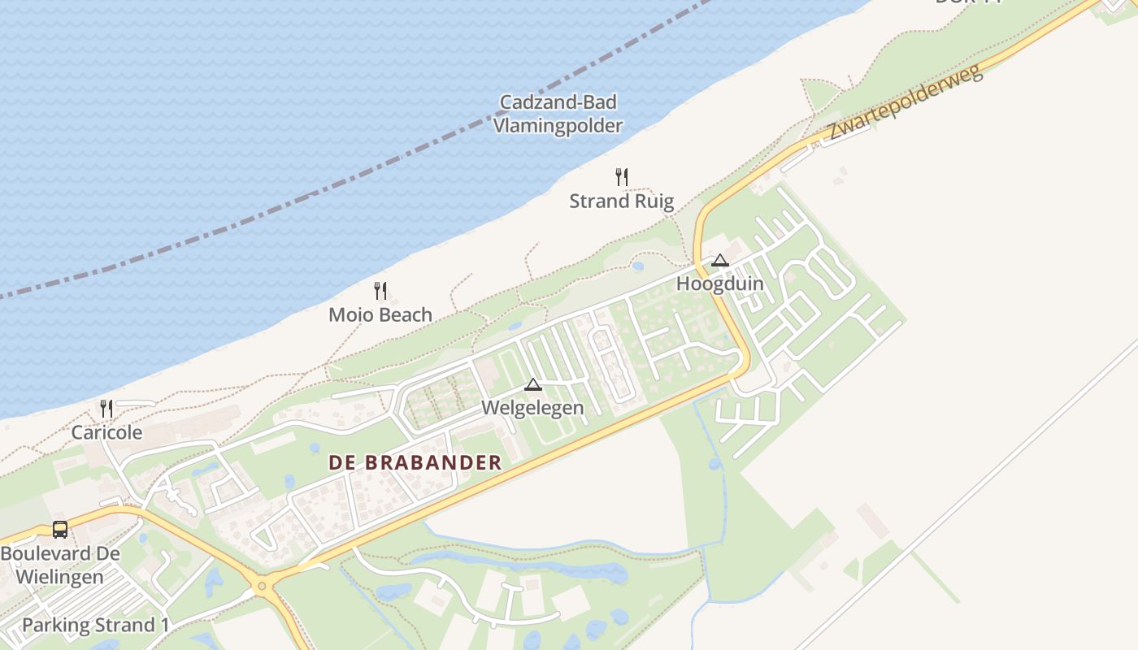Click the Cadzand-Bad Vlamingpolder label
click(558, 114)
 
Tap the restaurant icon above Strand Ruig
click(622, 176)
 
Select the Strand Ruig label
click(622, 201)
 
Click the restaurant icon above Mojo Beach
click(380, 290)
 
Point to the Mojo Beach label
click(380, 314)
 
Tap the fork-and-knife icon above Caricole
click(106, 408)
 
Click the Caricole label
click(106, 432)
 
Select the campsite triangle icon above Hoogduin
click(719, 261)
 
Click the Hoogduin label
click(720, 284)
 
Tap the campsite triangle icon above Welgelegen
click(533, 384)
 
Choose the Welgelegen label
click(533, 407)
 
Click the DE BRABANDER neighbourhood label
click(415, 463)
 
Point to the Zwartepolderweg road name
click(906, 102)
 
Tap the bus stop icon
click(60, 530)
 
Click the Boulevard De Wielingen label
click(60, 565)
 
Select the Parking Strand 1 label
click(96, 626)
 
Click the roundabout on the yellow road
click(261, 584)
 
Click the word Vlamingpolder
click(558, 126)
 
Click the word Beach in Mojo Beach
click(404, 314)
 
